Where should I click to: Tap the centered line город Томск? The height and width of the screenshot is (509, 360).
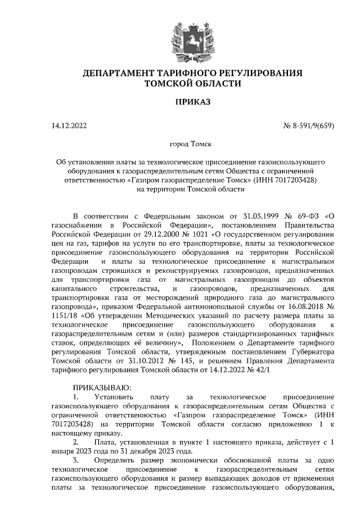(192, 145)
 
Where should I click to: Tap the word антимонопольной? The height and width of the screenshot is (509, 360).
(217, 307)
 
